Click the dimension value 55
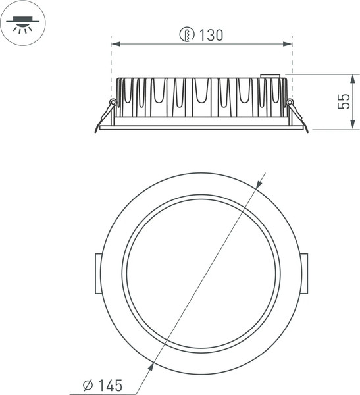click(x=343, y=102)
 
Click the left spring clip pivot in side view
click(x=113, y=102)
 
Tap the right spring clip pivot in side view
click(x=290, y=102)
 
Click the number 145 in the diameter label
click(x=110, y=384)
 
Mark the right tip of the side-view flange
click(x=307, y=129)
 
